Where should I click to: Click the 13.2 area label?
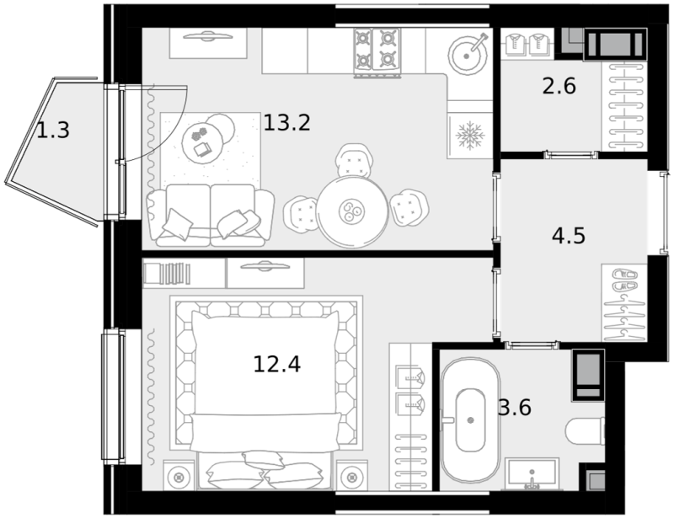tap(286, 123)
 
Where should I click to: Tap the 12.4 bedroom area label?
tap(277, 364)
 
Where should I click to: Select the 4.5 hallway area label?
tap(568, 236)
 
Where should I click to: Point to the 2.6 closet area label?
tap(559, 86)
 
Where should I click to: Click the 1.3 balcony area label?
tap(53, 131)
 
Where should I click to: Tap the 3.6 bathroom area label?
tap(515, 407)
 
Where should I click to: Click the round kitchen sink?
tap(468, 55)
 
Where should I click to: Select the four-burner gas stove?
tap(377, 51)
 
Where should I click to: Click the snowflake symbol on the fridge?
tap(470, 136)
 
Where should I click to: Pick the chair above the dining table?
tap(354, 161)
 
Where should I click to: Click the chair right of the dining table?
tap(409, 208)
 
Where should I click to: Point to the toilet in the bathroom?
tap(585, 432)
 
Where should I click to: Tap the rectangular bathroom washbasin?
tap(532, 473)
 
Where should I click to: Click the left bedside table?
tap(180, 475)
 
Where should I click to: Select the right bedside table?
tap(352, 475)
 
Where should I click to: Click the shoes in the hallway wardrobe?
tap(624, 280)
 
